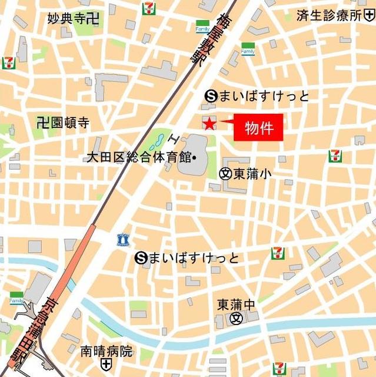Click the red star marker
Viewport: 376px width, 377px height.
click(x=209, y=123)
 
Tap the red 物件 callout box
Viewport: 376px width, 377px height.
click(x=258, y=127)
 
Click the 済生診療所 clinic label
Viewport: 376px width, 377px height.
click(x=330, y=15)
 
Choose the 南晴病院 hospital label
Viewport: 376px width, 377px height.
click(x=107, y=352)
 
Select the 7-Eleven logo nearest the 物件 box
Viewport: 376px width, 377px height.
click(x=335, y=156)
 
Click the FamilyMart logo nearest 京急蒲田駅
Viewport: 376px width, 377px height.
click(x=16, y=298)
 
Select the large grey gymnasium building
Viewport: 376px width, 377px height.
click(x=192, y=154)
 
